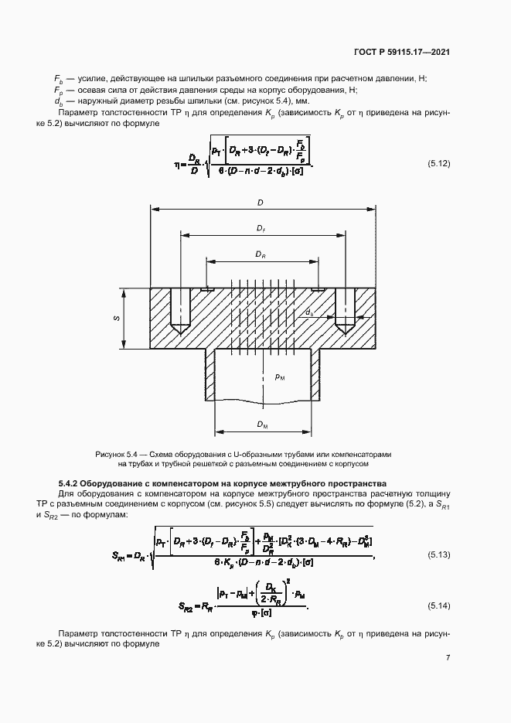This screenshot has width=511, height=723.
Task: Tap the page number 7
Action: click(448, 658)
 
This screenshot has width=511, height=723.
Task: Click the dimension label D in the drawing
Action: click(261, 203)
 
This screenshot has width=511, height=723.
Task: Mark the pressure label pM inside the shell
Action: click(280, 377)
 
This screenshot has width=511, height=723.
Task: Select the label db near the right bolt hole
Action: click(309, 312)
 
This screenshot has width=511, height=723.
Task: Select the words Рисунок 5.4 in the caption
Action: click(116, 454)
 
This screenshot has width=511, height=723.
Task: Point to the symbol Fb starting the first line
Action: click(58, 79)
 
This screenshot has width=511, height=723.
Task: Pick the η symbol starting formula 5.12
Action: click(177, 164)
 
